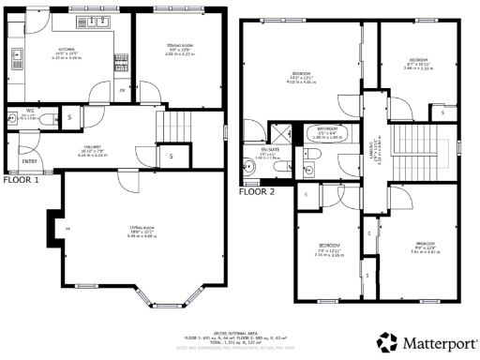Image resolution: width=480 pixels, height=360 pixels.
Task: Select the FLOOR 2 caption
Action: click(255, 190)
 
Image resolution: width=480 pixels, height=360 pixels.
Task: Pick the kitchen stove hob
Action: click(121, 62)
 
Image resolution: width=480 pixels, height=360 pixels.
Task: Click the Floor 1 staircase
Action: click(175, 124)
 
